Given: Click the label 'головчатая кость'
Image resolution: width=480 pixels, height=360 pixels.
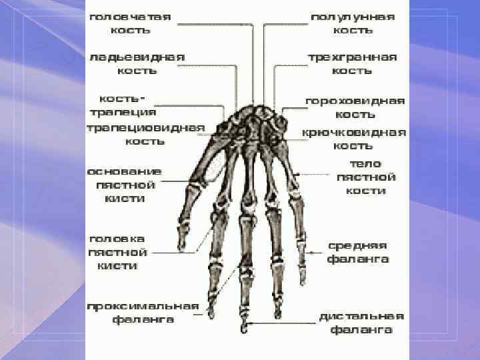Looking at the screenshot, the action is click(131, 23).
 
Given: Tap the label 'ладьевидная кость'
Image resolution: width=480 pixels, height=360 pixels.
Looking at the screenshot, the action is click(137, 63).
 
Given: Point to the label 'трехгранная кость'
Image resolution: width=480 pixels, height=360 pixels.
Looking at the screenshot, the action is click(353, 63).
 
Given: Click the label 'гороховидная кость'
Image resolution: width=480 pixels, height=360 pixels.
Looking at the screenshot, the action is click(355, 107).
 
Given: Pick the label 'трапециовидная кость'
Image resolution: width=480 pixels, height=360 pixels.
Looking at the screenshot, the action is click(145, 134).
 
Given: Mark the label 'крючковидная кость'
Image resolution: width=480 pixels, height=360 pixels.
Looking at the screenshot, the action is click(354, 138).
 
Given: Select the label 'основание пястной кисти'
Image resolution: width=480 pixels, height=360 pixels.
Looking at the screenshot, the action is click(125, 184).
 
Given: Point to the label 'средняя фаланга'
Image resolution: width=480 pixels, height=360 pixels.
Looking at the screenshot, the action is click(358, 252).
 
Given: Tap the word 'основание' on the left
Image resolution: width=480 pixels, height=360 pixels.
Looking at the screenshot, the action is click(125, 171).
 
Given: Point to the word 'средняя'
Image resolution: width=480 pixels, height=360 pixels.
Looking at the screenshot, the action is click(358, 245).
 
